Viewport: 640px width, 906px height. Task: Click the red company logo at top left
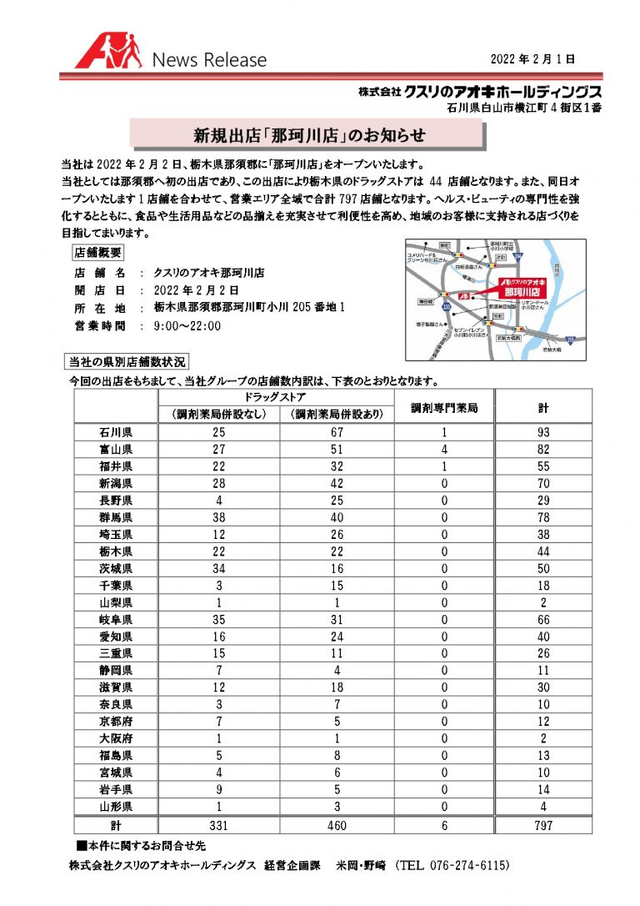tap(109, 53)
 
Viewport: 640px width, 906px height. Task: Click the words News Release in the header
tap(209, 60)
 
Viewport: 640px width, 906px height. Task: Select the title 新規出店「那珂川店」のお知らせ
tap(309, 134)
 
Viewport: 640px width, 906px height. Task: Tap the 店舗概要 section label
tap(98, 251)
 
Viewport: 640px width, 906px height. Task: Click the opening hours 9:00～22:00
tap(187, 325)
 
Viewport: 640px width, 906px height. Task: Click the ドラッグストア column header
tap(277, 397)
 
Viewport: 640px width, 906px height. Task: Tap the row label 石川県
tap(116, 432)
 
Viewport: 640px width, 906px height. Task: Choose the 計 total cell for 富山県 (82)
tap(543, 449)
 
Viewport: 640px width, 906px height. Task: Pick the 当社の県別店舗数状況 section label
tap(127, 361)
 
